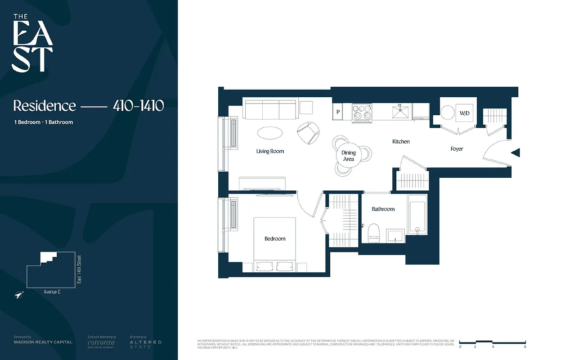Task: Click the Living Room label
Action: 270,151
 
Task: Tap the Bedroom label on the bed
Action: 275,238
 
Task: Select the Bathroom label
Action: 383,209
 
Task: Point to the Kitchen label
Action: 401,141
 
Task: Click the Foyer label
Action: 457,148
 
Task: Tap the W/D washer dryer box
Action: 464,113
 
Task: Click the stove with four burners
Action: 362,112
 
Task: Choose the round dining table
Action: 348,156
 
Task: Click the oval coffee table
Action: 270,133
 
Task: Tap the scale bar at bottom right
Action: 492,342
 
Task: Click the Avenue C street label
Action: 52,292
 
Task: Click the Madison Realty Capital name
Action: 43,342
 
